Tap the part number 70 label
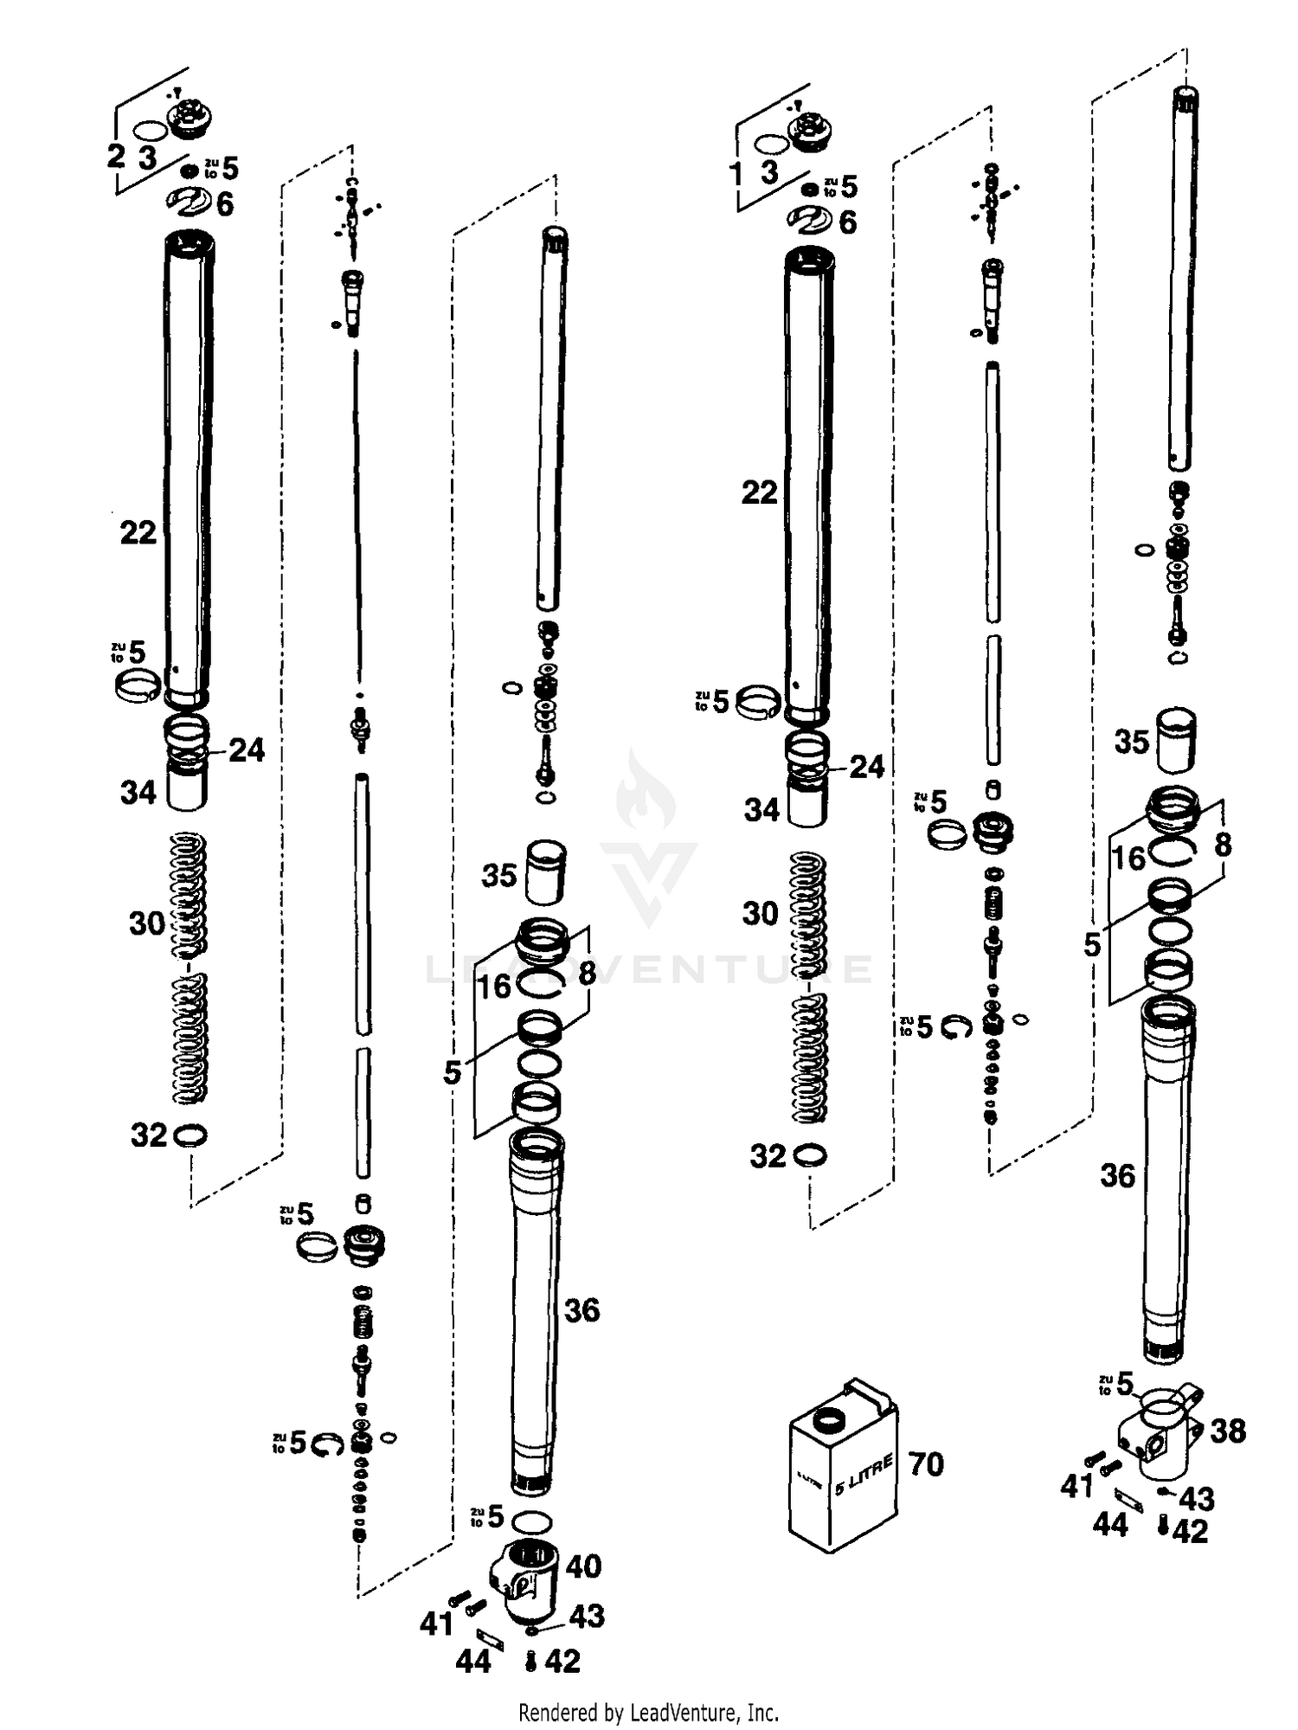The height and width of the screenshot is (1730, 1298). coord(925,1464)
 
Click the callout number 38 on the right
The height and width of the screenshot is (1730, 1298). coord(1227,1431)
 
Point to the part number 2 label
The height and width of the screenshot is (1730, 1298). coord(116,157)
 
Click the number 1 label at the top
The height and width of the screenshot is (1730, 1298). coord(736,174)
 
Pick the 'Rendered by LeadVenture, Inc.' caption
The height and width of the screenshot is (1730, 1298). coord(648,1711)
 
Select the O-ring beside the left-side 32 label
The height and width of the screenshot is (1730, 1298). coord(190,1135)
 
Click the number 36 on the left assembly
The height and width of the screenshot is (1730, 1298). coord(582,1310)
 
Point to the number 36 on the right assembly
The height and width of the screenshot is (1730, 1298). coord(1117,1175)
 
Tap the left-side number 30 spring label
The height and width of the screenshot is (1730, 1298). coord(146,923)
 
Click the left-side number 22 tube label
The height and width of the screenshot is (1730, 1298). coord(138,532)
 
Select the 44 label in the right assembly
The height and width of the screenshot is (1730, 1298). coord(1109,1524)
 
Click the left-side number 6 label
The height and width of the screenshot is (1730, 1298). coord(224,204)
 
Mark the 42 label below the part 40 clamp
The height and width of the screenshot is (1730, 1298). coord(562,1661)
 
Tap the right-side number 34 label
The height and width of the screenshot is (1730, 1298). coord(761,810)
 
